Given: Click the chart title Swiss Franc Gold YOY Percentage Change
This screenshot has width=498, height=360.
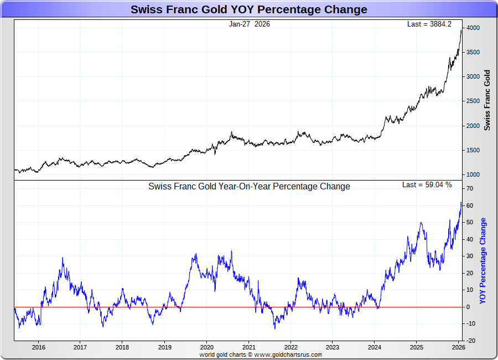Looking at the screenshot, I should (248, 9).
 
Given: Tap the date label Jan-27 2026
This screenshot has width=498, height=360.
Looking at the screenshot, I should (250, 24).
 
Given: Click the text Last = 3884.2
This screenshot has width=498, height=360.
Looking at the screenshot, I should (429, 24).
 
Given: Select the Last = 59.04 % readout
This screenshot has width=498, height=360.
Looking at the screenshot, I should (427, 184).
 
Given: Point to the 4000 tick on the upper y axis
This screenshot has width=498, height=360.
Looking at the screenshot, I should (473, 28).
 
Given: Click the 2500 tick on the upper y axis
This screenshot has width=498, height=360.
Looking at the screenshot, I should (473, 101).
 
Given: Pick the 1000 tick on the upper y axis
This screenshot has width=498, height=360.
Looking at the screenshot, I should (473, 175).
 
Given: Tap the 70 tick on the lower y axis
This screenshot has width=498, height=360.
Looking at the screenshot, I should (470, 189).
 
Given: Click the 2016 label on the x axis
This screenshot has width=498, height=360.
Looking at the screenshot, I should (38, 348).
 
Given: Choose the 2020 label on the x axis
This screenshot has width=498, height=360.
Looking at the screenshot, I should (206, 348).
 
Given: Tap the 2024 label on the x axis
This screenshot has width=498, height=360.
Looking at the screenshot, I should (375, 348).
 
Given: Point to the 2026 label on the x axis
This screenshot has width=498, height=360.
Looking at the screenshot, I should (459, 348).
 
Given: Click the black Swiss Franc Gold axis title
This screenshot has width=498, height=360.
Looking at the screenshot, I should (487, 100).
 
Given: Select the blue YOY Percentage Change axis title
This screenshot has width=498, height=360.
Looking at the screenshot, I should (483, 261).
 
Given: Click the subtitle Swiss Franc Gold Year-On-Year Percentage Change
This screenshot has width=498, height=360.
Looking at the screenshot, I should (249, 187).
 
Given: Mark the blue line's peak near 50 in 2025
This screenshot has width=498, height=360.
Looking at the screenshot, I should (421, 223).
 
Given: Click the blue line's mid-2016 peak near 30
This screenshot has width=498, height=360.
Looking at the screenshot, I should (63, 258).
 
